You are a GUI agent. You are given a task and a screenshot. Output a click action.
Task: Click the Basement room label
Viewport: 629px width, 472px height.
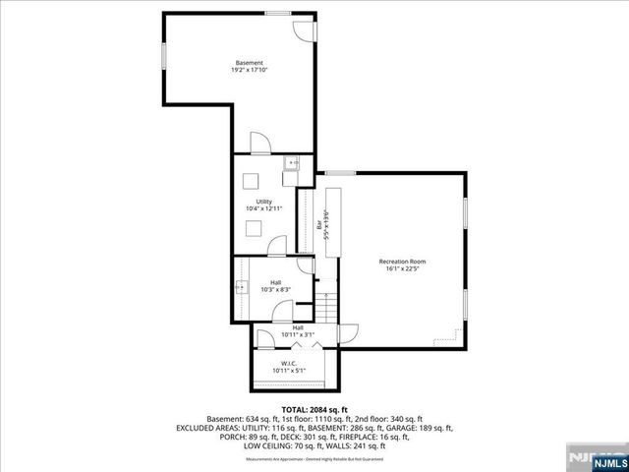[x=249, y=63]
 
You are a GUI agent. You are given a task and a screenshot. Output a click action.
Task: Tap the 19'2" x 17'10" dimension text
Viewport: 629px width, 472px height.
[x=249, y=71]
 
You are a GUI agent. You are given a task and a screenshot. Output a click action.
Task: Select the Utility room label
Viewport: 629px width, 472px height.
[x=263, y=202]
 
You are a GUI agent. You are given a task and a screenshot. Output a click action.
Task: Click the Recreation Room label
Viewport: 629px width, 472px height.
[x=403, y=261]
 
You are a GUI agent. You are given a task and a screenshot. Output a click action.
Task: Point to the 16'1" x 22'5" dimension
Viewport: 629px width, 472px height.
[x=403, y=268]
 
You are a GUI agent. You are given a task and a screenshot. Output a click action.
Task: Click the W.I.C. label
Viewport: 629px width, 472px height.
[x=289, y=363]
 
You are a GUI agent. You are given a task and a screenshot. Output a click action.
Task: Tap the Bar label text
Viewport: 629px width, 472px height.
[x=320, y=224]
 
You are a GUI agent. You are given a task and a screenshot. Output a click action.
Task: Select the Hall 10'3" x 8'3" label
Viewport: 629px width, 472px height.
[x=276, y=286]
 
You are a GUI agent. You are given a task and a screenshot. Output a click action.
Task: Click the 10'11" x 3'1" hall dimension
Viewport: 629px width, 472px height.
[x=298, y=335]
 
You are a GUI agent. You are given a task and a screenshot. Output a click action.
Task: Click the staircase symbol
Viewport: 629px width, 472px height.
[x=329, y=306]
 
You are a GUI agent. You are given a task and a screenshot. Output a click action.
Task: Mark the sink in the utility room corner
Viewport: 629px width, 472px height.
[x=291, y=164]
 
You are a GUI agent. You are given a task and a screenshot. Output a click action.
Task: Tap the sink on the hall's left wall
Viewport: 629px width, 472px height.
[x=242, y=288]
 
